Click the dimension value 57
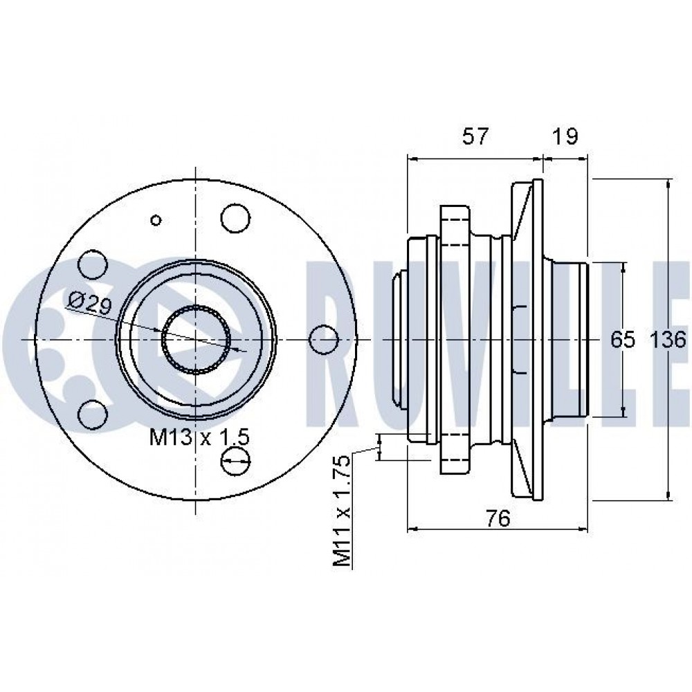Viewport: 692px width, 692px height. pyautogui.click(x=474, y=136)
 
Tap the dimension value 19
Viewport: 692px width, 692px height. pyautogui.click(x=565, y=136)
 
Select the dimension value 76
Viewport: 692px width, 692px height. pyautogui.click(x=498, y=518)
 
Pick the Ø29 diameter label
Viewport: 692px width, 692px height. pyautogui.click(x=89, y=302)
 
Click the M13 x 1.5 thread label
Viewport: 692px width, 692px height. pyautogui.click(x=199, y=437)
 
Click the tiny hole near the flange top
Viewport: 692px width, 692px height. pyautogui.click(x=156, y=220)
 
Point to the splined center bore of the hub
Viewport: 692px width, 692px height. pyautogui.click(x=197, y=339)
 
